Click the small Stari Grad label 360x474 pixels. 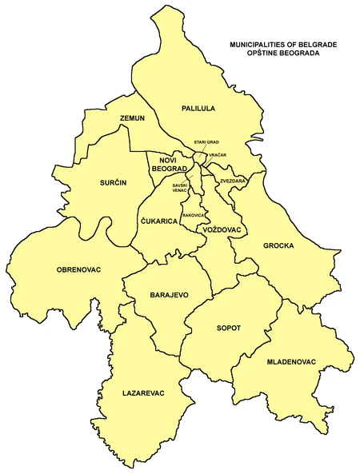click(206, 141)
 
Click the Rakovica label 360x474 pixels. click(194, 216)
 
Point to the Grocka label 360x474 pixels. click(279, 245)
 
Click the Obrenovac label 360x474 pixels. click(78, 269)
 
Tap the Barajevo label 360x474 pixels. click(169, 295)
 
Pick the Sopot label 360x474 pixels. click(228, 328)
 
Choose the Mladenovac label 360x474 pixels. click(292, 362)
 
